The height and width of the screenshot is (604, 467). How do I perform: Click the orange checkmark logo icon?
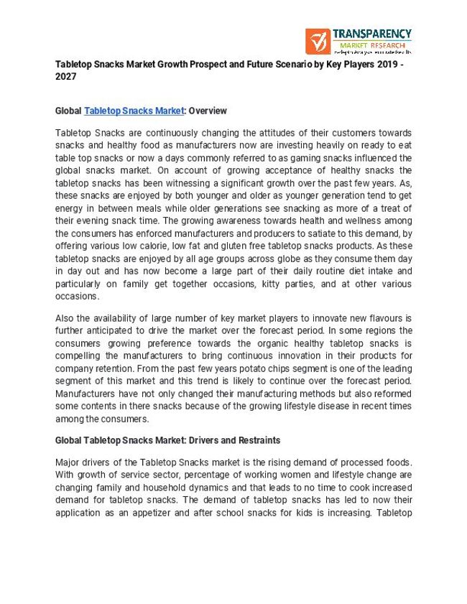(317, 42)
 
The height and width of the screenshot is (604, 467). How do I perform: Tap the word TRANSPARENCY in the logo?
(371, 34)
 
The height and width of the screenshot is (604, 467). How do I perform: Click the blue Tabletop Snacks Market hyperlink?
(134, 111)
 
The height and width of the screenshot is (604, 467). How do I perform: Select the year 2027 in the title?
(65, 76)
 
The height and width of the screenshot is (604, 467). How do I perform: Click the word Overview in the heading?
(208, 111)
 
